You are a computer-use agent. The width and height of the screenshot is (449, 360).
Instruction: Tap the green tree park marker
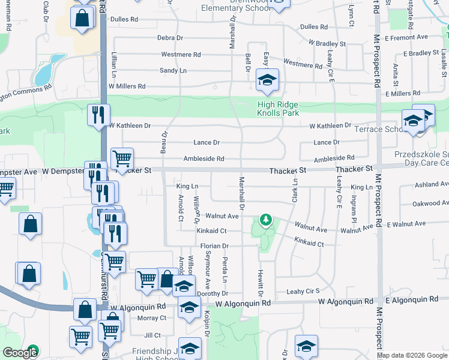click(x=265, y=222)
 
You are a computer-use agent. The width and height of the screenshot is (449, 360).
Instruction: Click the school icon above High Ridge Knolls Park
click(x=267, y=80)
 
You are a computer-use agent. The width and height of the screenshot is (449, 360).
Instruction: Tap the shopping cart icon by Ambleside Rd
click(x=122, y=159)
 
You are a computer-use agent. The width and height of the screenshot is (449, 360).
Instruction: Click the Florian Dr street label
click(x=214, y=246)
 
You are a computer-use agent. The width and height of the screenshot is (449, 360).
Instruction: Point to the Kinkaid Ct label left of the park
click(x=211, y=230)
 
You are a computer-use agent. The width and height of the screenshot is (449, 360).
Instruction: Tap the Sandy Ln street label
click(x=173, y=70)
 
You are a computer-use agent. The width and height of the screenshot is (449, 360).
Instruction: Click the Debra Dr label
click(x=170, y=37)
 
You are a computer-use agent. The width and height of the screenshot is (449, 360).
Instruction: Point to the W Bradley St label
click(x=327, y=44)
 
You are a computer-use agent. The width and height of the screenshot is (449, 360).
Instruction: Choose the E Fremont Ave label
click(x=406, y=37)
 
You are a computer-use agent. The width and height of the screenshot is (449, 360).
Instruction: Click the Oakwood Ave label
click(x=427, y=203)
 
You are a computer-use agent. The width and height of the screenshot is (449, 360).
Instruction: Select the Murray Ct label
click(x=151, y=318)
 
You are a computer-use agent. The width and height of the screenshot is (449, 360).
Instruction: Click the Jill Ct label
click(x=152, y=335)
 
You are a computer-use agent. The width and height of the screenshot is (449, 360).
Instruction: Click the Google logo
click(x=20, y=353)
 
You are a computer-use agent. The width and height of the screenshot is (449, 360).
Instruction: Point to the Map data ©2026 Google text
click(x=412, y=355)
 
